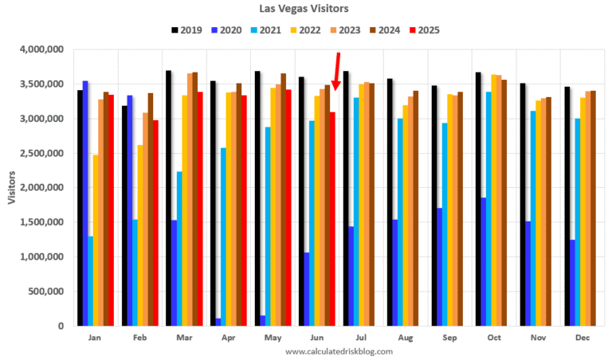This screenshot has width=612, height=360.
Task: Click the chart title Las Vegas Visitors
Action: point(305,9)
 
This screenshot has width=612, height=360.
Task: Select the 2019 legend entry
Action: point(185,30)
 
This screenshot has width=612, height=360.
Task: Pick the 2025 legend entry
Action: point(423,30)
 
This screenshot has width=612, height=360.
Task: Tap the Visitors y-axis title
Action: point(12,188)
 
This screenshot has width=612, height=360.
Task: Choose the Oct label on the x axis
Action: point(494,338)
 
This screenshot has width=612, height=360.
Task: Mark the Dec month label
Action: point(583,338)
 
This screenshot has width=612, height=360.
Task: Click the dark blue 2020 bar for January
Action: point(85,203)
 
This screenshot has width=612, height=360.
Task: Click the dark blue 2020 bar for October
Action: point(483,262)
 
